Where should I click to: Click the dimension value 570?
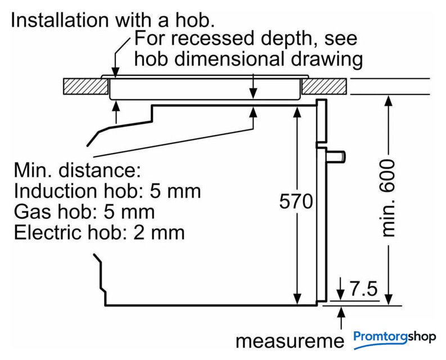tap(296, 201)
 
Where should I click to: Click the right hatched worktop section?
tap(325, 86)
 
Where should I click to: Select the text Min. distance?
tap(76, 170)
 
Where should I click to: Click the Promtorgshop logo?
tap(395, 337)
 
